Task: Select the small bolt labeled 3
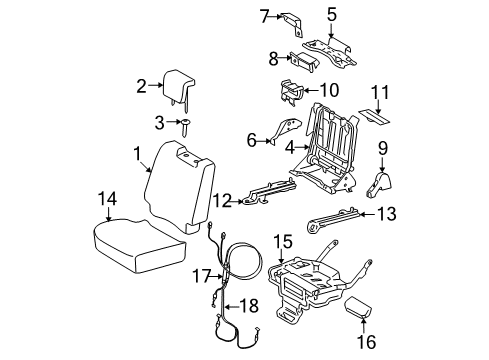pyautogui.click(x=187, y=123)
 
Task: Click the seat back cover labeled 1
pyautogui.click(x=180, y=190)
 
